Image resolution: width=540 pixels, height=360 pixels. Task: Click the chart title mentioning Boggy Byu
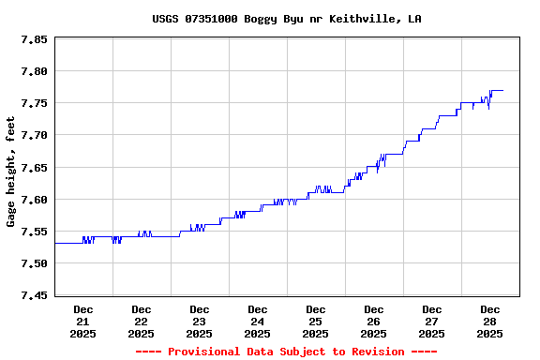coord(286,19)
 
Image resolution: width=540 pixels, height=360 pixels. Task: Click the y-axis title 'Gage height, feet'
coord(11,172)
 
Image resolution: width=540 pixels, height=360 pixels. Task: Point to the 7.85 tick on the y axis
coord(35,40)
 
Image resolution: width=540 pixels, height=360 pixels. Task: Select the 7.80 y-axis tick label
coord(35,72)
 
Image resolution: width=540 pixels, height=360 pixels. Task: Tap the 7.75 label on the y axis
coord(35,104)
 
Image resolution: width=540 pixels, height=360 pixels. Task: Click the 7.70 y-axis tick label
coord(35,136)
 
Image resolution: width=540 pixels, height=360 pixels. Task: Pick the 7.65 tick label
coord(35,168)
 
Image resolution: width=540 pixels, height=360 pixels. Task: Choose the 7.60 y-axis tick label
coord(35,200)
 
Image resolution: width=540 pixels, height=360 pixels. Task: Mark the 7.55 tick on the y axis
coord(35,232)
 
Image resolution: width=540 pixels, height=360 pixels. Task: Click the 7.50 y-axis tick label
coord(35,263)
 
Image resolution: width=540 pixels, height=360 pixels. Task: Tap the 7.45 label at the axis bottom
coord(35,296)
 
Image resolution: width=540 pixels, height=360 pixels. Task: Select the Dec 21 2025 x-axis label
coord(83,321)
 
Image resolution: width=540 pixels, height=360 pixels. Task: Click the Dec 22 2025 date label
coord(142,321)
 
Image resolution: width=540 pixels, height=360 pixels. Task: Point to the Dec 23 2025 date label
coord(200,321)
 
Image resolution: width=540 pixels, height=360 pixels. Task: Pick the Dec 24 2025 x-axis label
coord(258,321)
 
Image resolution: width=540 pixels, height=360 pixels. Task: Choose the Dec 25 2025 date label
coord(316,321)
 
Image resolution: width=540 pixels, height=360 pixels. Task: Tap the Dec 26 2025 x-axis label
coord(374,321)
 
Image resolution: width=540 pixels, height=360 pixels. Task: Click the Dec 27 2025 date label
coord(432,321)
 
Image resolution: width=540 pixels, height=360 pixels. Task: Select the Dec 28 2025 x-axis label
coord(490,321)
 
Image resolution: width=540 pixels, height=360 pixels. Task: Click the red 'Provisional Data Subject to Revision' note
coord(286,352)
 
